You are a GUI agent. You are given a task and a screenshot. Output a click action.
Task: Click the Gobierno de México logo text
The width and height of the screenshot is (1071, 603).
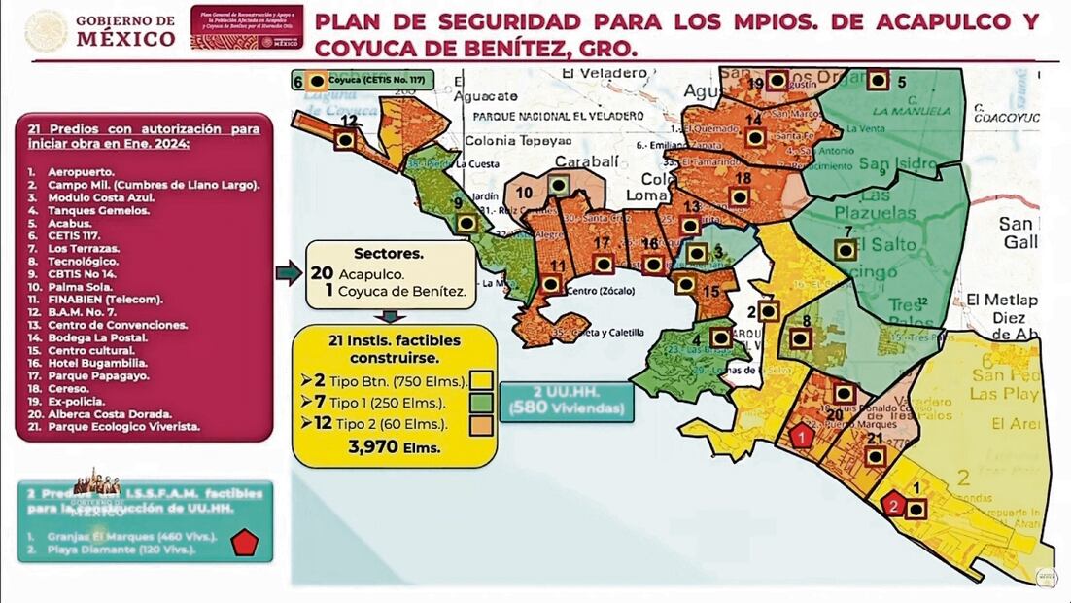(x=124, y=31)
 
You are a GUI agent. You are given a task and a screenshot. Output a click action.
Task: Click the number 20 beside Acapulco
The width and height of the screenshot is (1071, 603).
(x=322, y=273)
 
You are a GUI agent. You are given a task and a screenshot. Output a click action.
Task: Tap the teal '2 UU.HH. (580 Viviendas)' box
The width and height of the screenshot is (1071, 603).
(x=566, y=401)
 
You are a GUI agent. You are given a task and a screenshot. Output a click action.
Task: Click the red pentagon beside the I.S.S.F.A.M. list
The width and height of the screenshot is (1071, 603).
(x=243, y=543)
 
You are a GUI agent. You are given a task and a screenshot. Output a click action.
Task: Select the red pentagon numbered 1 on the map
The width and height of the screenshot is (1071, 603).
(x=801, y=437)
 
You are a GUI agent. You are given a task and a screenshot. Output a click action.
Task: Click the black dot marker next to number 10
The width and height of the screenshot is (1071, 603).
(x=558, y=184)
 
